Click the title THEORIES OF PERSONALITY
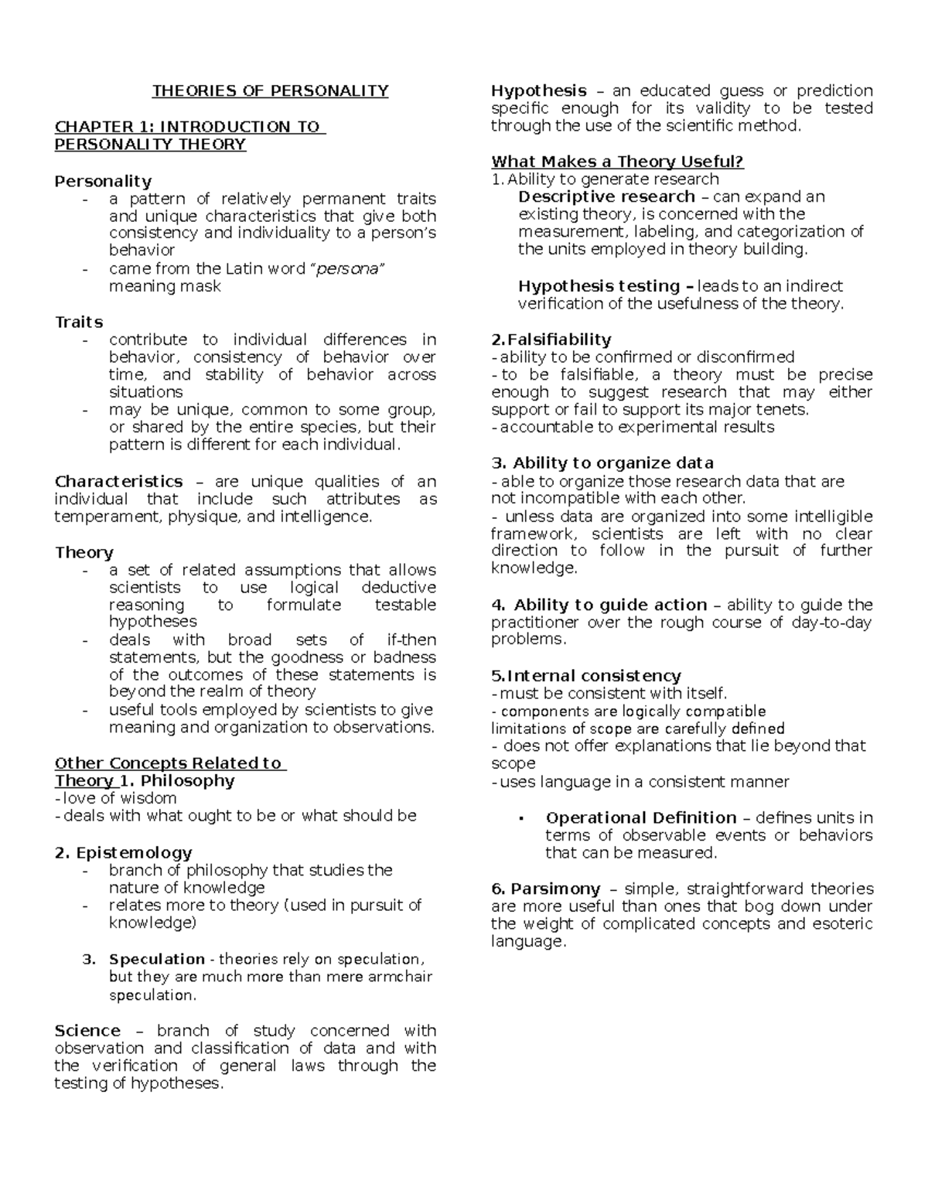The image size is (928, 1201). click(270, 91)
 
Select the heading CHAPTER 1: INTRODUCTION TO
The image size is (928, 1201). click(189, 127)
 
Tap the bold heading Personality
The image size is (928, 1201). click(103, 181)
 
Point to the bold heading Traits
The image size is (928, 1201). click(79, 322)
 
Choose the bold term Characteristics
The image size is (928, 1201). click(118, 481)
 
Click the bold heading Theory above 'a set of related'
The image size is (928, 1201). click(84, 552)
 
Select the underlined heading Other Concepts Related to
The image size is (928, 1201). click(170, 763)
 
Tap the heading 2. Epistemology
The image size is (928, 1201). click(123, 852)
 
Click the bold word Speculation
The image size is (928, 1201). click(157, 959)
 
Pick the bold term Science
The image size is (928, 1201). click(87, 1031)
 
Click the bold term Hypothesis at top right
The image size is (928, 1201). click(538, 90)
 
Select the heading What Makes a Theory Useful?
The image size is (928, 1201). click(617, 162)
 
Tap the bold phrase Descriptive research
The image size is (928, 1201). click(606, 196)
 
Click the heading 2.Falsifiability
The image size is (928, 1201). click(551, 339)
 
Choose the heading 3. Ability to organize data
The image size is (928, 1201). click(602, 463)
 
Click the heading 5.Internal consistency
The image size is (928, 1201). click(585, 676)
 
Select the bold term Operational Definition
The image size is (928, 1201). click(640, 817)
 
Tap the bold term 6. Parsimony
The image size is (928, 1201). click(545, 889)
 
